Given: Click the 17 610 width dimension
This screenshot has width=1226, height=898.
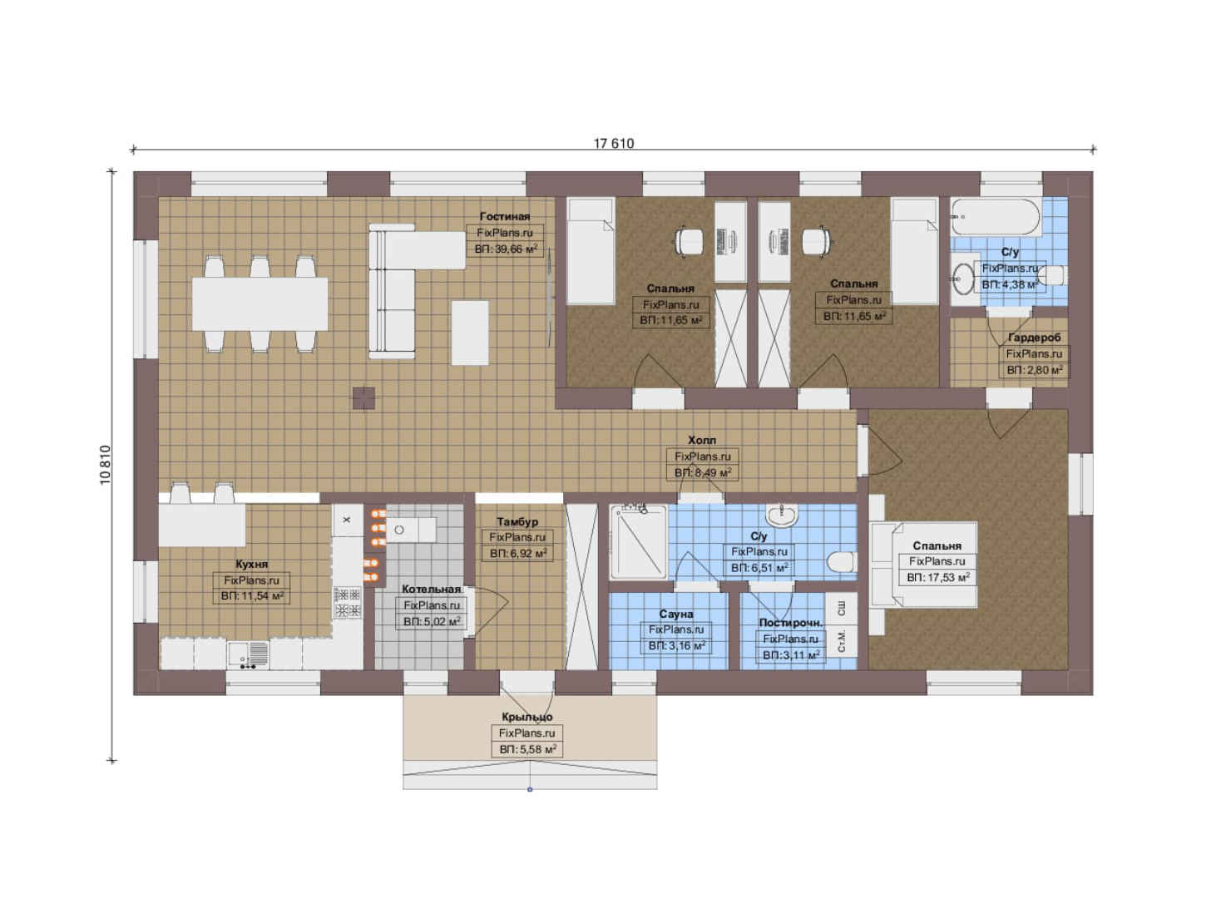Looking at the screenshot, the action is [614, 143].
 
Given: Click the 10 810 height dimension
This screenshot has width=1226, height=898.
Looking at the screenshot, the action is [105, 464].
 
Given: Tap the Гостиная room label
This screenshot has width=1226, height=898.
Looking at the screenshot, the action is [505, 216].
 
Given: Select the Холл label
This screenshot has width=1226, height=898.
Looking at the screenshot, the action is [702, 440].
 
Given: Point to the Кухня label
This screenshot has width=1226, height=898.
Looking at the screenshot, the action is [252, 564].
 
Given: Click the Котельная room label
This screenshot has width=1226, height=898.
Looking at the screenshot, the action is [432, 589].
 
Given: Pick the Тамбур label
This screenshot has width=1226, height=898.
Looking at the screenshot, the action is [517, 521].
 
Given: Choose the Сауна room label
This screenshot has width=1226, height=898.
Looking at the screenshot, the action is [676, 614].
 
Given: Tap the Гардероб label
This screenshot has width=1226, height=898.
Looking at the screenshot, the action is [1034, 338].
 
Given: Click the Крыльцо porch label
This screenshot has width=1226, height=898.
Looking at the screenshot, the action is [527, 717].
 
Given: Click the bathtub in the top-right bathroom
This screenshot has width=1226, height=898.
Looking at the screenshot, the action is [996, 217].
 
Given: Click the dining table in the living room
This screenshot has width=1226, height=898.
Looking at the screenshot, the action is [260, 303].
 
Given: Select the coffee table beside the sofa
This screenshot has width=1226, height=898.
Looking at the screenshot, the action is [470, 333].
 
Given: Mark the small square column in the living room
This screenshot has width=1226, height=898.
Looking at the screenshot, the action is [363, 398].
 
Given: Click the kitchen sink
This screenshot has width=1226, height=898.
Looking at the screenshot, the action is [248, 654].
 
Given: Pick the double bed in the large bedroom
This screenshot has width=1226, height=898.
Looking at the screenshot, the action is [924, 565].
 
